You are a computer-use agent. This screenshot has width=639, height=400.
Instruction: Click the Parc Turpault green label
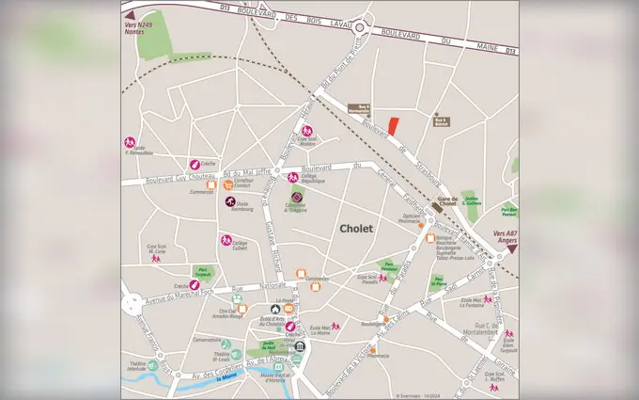click(202, 268)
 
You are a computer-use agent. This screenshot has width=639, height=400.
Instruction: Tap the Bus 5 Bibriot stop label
click(441, 120)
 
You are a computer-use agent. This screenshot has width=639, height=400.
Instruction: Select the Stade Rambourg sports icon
click(229, 200)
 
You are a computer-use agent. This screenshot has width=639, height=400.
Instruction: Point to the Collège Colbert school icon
click(226, 239)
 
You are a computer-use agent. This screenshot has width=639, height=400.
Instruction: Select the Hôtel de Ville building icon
click(299, 347)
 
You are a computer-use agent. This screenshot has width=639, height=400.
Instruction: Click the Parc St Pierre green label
click(437, 280)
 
